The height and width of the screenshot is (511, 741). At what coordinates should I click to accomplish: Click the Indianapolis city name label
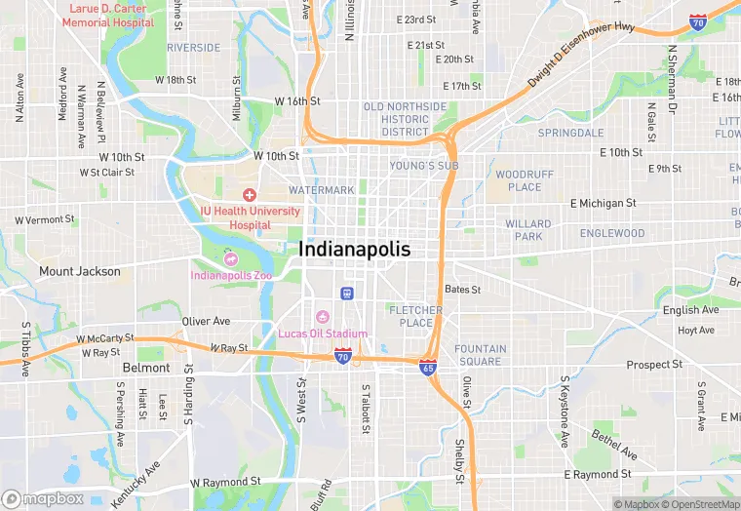tap(355, 250)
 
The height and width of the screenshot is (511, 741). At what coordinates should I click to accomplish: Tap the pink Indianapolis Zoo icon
tap(230, 258)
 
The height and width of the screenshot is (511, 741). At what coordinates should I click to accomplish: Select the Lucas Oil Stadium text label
tap(323, 334)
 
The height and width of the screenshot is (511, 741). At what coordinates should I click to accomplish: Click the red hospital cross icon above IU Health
tap(251, 195)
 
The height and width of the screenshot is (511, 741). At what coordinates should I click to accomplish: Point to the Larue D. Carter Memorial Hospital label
tap(106, 15)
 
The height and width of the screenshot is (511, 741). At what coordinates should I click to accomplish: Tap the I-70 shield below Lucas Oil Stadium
tap(343, 357)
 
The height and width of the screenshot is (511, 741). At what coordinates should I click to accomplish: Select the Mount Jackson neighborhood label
tap(80, 271)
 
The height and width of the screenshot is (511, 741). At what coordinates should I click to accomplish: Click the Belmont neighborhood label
tap(146, 368)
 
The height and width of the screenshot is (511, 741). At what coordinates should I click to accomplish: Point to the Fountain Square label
tap(480, 355)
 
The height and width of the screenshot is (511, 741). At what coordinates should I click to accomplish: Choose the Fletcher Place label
tap(416, 316)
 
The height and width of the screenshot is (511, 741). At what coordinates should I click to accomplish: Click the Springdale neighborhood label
tap(570, 133)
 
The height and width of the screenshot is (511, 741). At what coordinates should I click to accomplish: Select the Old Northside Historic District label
tap(405, 119)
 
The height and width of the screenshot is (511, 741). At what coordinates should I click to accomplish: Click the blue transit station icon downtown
tap(346, 293)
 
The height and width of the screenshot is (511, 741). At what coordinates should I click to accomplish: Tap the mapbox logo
tap(43, 498)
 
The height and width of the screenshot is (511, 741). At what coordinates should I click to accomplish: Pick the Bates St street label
tap(462, 290)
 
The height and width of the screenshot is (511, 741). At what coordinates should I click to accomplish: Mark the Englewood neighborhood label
tap(611, 234)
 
